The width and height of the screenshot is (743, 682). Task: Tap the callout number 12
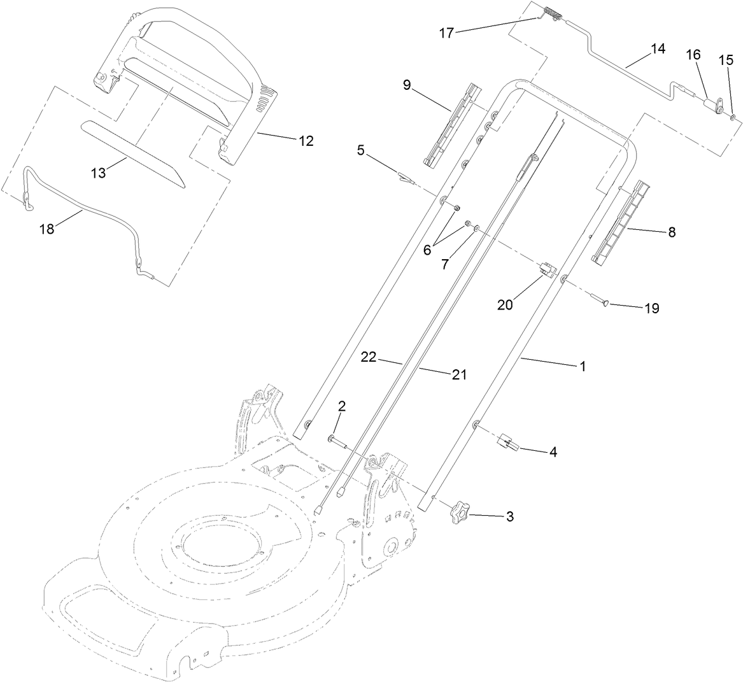[x=306, y=141]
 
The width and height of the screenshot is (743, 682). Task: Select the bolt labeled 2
[x=338, y=441]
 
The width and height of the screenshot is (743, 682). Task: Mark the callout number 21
[x=458, y=375]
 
